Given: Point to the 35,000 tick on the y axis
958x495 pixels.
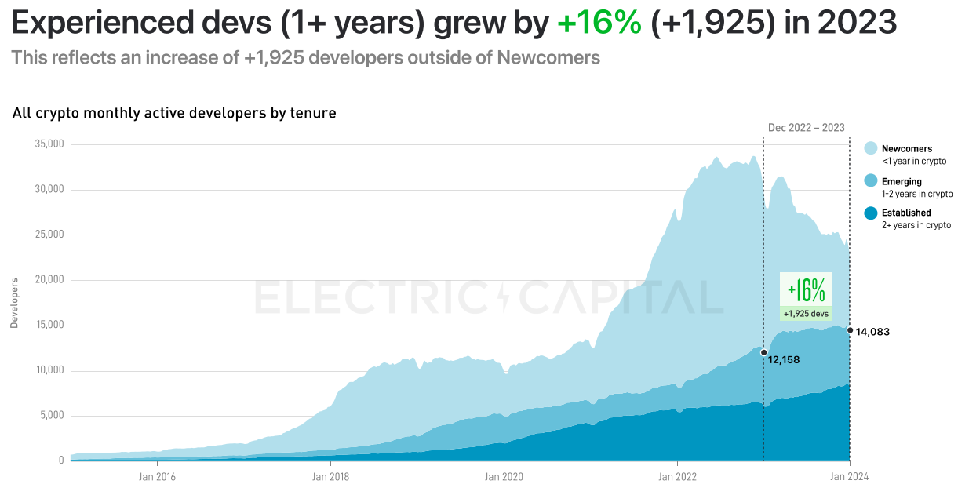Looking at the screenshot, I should [x=49, y=144].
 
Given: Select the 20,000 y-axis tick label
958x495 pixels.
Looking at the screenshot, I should [x=49, y=280].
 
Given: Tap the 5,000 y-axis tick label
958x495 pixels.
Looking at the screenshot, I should [x=52, y=416].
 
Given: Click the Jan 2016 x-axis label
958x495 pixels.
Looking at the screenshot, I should [x=157, y=476].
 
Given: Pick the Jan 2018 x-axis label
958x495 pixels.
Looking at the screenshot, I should [x=330, y=476].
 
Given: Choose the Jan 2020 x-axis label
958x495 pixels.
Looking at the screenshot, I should [x=503, y=476].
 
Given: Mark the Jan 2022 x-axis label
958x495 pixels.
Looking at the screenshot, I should [x=676, y=476].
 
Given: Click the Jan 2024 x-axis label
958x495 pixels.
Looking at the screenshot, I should [x=850, y=476].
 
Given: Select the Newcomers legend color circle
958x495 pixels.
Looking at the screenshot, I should [x=870, y=148].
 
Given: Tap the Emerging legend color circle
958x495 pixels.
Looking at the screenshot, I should [x=870, y=181].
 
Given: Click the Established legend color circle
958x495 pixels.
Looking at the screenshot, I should [x=870, y=213].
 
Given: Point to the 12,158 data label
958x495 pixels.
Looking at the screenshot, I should [x=784, y=360].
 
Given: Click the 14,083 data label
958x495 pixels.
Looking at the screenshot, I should [x=872, y=332].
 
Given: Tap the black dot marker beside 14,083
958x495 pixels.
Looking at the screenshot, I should [x=850, y=330].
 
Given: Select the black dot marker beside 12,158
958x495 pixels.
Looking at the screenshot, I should [x=763, y=352].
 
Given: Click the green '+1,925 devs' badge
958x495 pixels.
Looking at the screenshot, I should [x=806, y=314].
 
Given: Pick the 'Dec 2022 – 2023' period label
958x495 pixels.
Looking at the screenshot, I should [x=806, y=128].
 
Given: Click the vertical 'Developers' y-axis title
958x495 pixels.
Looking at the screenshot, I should [x=14, y=302].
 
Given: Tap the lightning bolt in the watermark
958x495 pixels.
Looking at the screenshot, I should [x=503, y=298].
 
